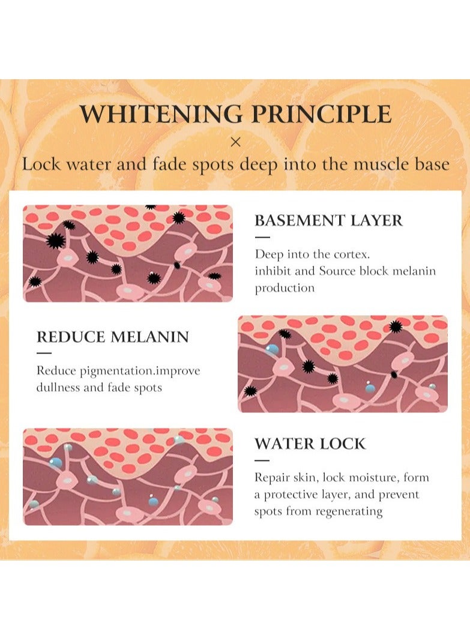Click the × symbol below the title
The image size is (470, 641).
tap(235, 142)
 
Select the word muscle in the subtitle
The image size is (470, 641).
tap(379, 164)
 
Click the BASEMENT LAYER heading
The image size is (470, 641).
tap(328, 220)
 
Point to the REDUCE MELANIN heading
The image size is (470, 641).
tap(112, 337)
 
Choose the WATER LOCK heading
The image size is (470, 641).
tap(310, 444)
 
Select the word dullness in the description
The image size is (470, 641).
tap(58, 387)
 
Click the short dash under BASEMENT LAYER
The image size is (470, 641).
tap(262, 237)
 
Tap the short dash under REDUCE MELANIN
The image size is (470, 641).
tap(44, 353)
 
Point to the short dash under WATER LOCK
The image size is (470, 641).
tap(262, 460)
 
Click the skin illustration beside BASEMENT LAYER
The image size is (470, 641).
tap(128, 253)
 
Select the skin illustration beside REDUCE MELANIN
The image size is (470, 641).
tap(343, 364)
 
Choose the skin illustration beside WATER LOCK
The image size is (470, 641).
tap(128, 477)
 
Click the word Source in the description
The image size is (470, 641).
tap(337, 271)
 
